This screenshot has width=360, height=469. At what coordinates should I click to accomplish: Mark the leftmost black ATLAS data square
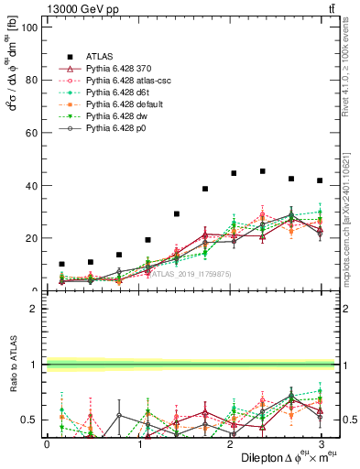(61, 264)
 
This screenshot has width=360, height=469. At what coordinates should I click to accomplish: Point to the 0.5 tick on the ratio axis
(31, 420)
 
